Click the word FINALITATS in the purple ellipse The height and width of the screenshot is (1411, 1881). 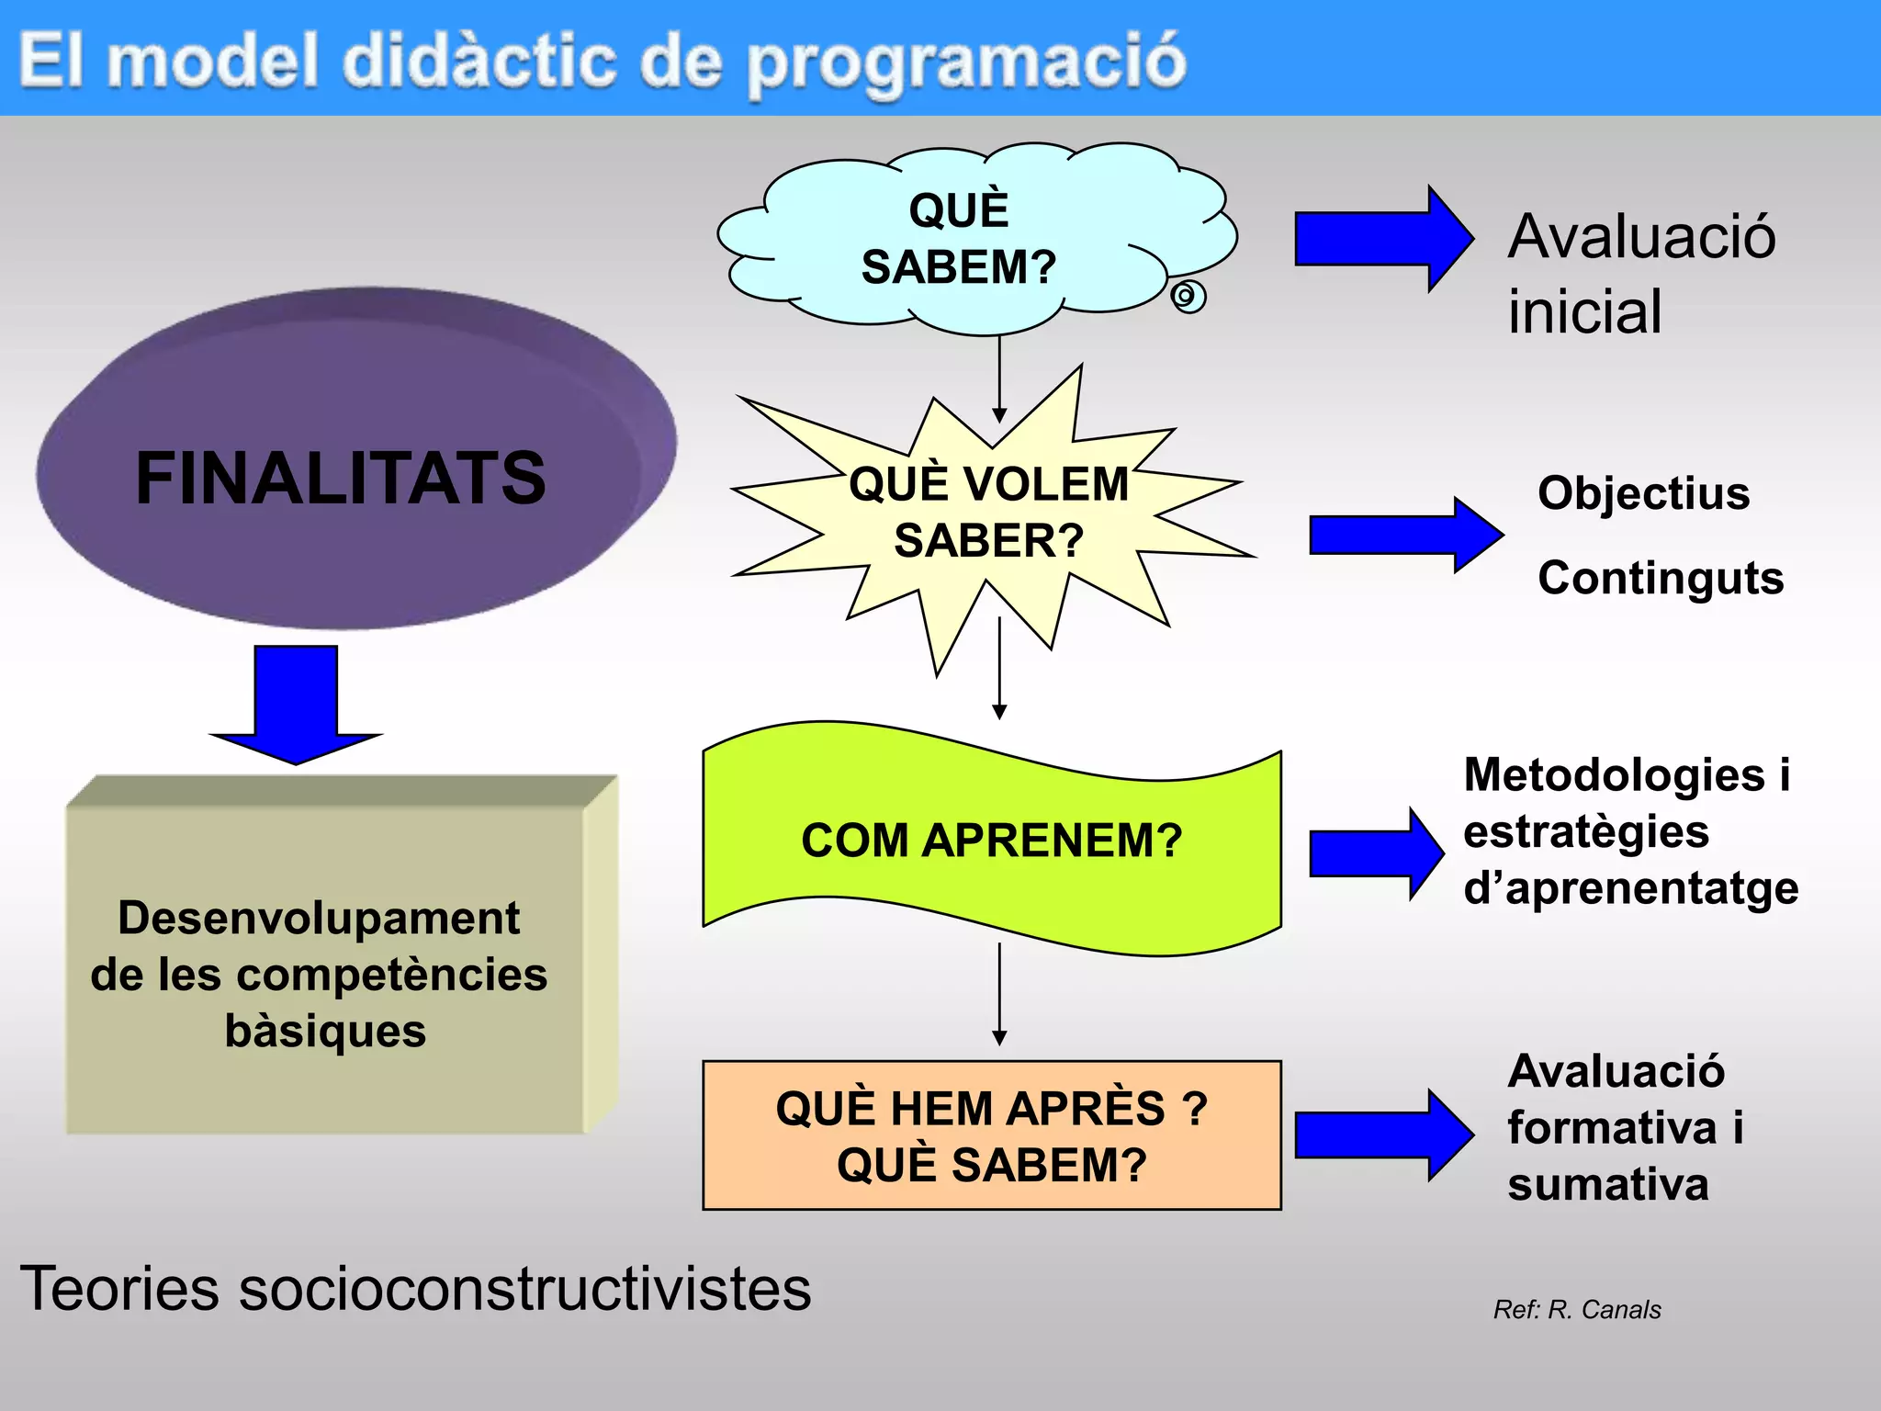340,478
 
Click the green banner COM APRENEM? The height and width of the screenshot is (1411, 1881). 991,840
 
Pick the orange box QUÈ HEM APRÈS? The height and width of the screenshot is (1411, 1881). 991,1135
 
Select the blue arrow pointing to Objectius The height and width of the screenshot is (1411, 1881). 1405,535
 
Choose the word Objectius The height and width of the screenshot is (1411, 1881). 1643,493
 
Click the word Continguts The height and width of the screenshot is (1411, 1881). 1661,578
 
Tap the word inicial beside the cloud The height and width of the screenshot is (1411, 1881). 1584,311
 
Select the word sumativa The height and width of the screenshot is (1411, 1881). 1607,1184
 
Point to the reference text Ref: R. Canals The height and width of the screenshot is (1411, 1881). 1577,1309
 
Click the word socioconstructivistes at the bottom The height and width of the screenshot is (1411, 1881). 524,1288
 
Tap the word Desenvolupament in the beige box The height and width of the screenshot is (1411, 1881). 319,918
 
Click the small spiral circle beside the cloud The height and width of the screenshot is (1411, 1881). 1188,297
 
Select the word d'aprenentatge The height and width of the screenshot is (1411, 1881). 1630,888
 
